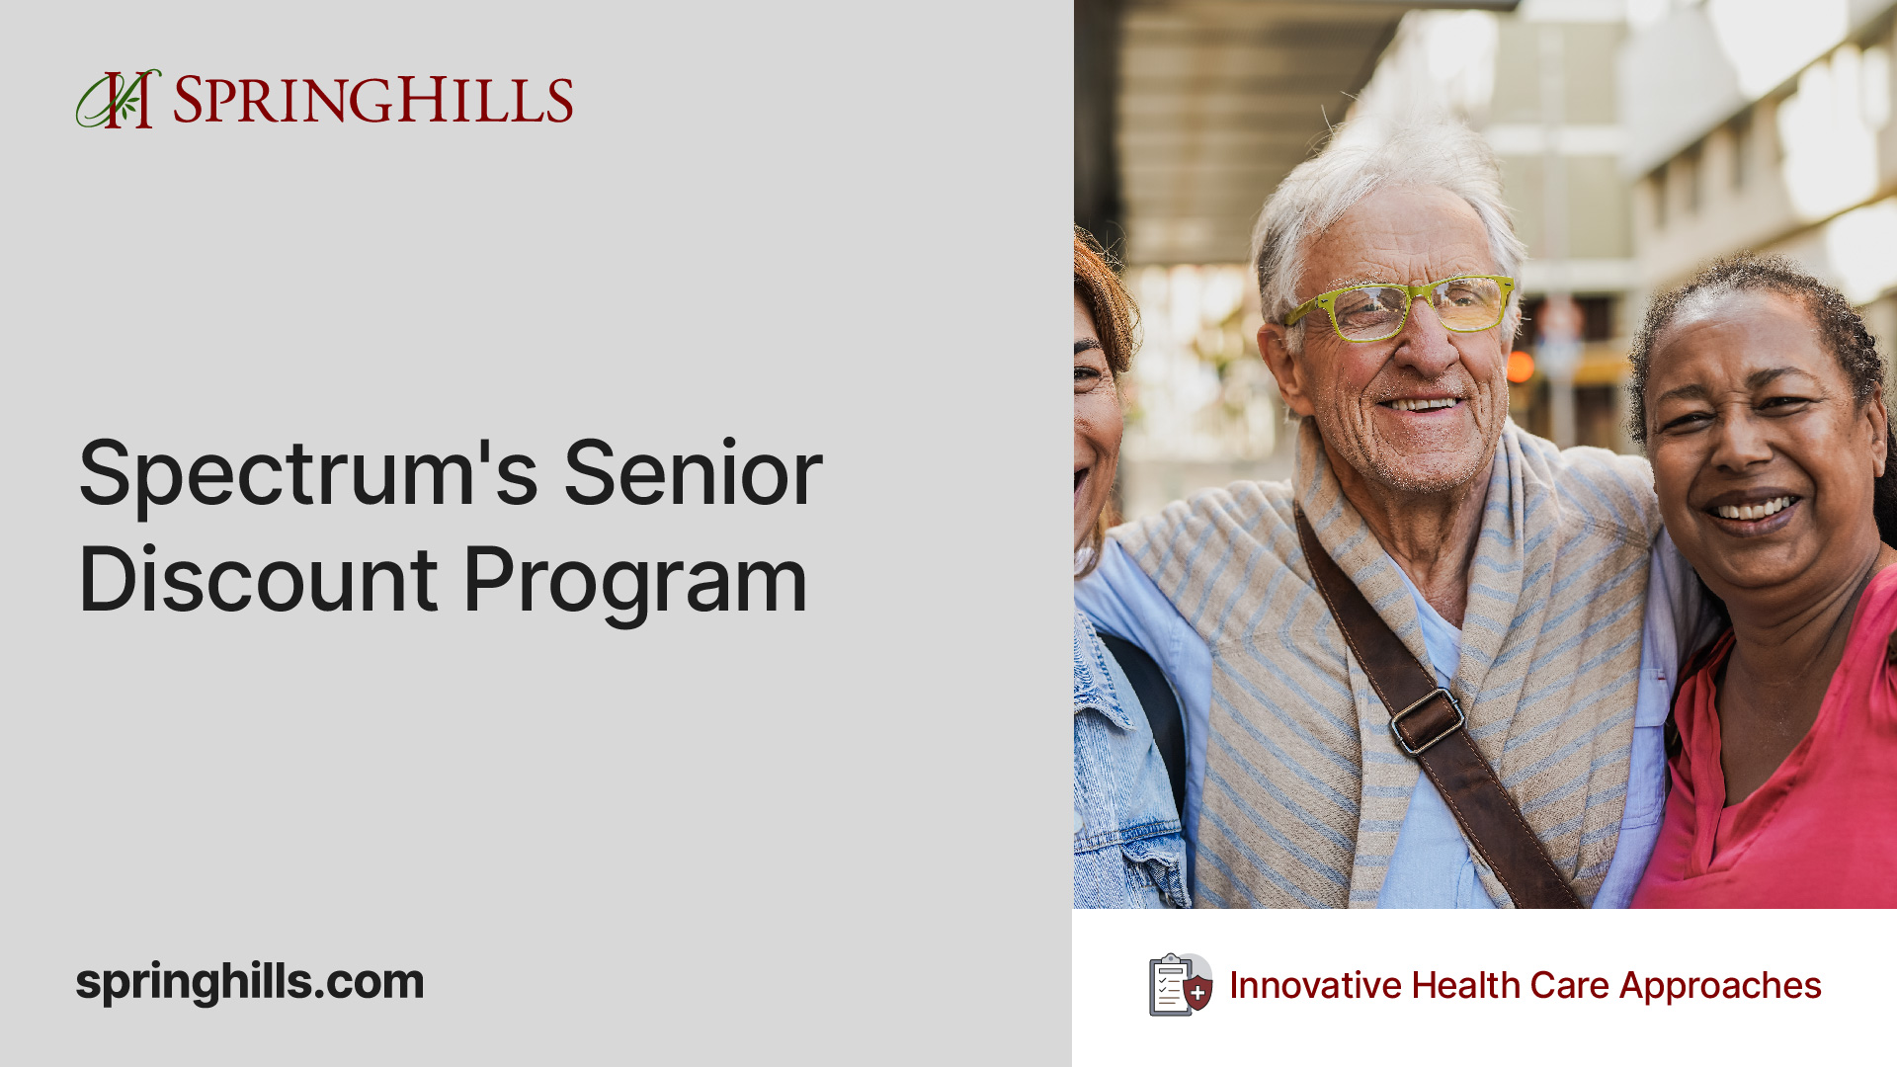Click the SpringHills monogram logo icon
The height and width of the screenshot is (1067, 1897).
tap(118, 99)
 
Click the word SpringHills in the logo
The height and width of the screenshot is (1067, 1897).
tap(372, 100)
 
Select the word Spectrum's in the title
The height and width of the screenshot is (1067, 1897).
tap(308, 474)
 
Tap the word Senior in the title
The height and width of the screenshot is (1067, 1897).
tap(693, 474)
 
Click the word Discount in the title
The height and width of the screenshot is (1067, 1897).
tap(258, 581)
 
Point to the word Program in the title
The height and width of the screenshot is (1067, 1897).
tap(635, 583)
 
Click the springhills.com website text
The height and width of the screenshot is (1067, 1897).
tap(250, 982)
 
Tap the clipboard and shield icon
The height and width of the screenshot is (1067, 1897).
tap(1180, 984)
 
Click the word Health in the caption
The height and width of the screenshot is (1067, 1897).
tap(1465, 985)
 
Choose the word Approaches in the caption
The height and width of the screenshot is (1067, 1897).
tap(1720, 985)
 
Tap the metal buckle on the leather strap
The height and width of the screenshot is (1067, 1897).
tap(1427, 720)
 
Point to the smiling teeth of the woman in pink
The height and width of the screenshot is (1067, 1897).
tap(1756, 510)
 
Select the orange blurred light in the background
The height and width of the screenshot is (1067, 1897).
tap(1521, 367)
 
